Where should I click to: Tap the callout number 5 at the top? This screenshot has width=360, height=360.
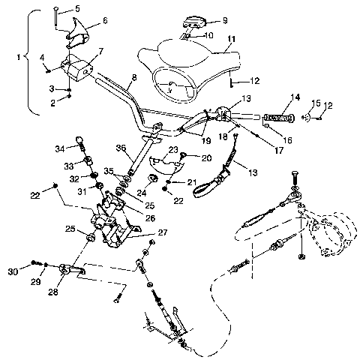coord(77,9)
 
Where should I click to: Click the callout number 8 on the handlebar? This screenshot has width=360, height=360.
coord(133,77)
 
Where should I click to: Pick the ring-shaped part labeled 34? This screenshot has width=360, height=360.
coord(80,138)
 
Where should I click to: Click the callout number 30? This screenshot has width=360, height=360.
coord(34,270)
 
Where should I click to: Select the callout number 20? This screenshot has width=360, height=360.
coord(206,157)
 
